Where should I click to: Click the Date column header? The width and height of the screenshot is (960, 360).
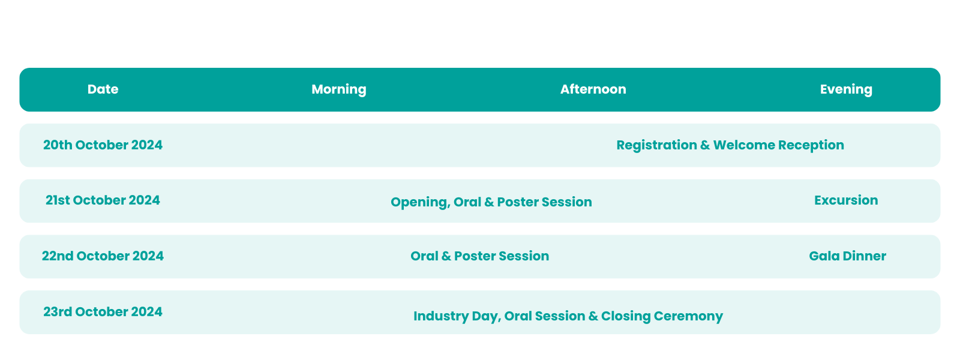(x=103, y=89)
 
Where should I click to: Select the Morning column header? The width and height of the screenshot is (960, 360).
(x=339, y=89)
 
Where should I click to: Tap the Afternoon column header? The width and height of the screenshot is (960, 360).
(x=593, y=89)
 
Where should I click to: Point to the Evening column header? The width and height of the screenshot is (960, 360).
(x=846, y=89)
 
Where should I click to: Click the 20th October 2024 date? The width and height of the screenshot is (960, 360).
(x=103, y=145)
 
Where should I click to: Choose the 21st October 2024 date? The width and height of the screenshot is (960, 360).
(x=103, y=200)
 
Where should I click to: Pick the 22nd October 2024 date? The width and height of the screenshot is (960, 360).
(x=103, y=256)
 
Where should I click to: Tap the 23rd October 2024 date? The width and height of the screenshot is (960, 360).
(x=103, y=311)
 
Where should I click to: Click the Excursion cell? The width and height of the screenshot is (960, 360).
(x=846, y=200)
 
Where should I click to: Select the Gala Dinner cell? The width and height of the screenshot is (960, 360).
(x=847, y=256)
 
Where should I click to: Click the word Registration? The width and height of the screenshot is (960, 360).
(x=657, y=145)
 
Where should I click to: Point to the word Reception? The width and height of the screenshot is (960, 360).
(x=811, y=145)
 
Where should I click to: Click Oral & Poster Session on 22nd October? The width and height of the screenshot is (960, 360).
(x=479, y=256)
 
